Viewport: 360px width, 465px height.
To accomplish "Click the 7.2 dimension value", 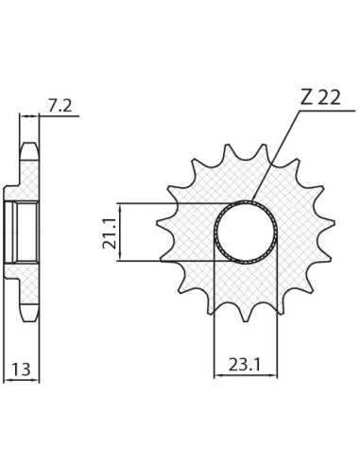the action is pos(60,106).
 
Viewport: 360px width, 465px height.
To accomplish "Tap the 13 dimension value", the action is pos(21,370).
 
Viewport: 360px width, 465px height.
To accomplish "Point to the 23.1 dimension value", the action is pos(245,365).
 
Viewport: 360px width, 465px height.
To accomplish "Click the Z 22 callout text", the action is pos(320,98).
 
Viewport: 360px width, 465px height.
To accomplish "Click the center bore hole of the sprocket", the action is pos(246,232).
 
